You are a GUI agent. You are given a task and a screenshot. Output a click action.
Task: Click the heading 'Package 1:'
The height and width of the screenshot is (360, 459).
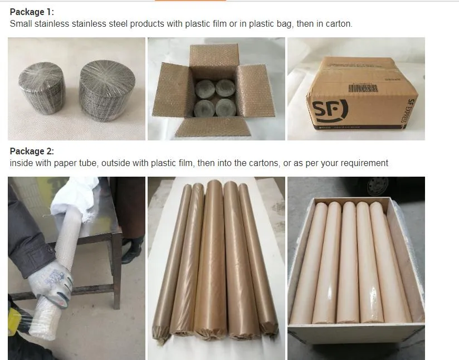tap(32, 12)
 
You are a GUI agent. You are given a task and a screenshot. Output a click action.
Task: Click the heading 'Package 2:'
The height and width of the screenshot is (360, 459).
tap(32, 151)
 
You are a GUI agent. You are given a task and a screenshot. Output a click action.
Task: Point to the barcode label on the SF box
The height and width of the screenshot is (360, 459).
tap(363, 87)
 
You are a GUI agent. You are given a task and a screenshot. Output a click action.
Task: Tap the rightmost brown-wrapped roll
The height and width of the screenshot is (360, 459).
tap(259, 256)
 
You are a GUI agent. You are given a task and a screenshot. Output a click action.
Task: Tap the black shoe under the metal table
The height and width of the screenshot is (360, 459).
tap(131, 250)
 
